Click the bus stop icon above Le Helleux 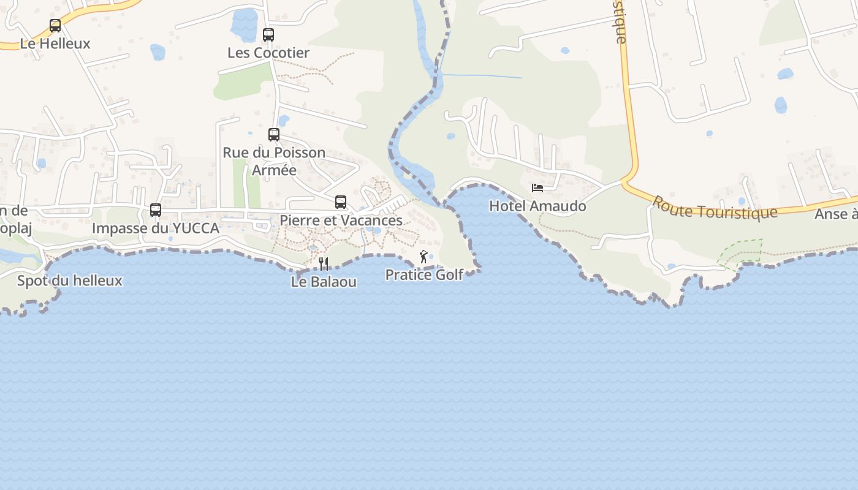tap(55, 26)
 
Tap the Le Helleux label tap(55, 44)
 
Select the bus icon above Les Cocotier tap(268, 35)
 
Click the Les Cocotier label tap(268, 53)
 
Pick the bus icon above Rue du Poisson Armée tap(274, 135)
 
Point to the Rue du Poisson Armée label tap(274, 161)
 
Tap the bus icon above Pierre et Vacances tap(341, 202)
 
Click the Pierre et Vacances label tap(341, 221)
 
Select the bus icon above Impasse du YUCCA tap(156, 210)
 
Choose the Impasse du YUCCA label tap(156, 228)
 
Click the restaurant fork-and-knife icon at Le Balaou tap(324, 264)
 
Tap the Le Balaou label tap(324, 282)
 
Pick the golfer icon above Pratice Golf tap(423, 257)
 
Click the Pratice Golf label tap(424, 275)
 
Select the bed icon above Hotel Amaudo tap(537, 188)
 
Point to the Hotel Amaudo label tap(537, 206)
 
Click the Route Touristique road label tap(715, 208)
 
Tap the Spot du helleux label tap(70, 281)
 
